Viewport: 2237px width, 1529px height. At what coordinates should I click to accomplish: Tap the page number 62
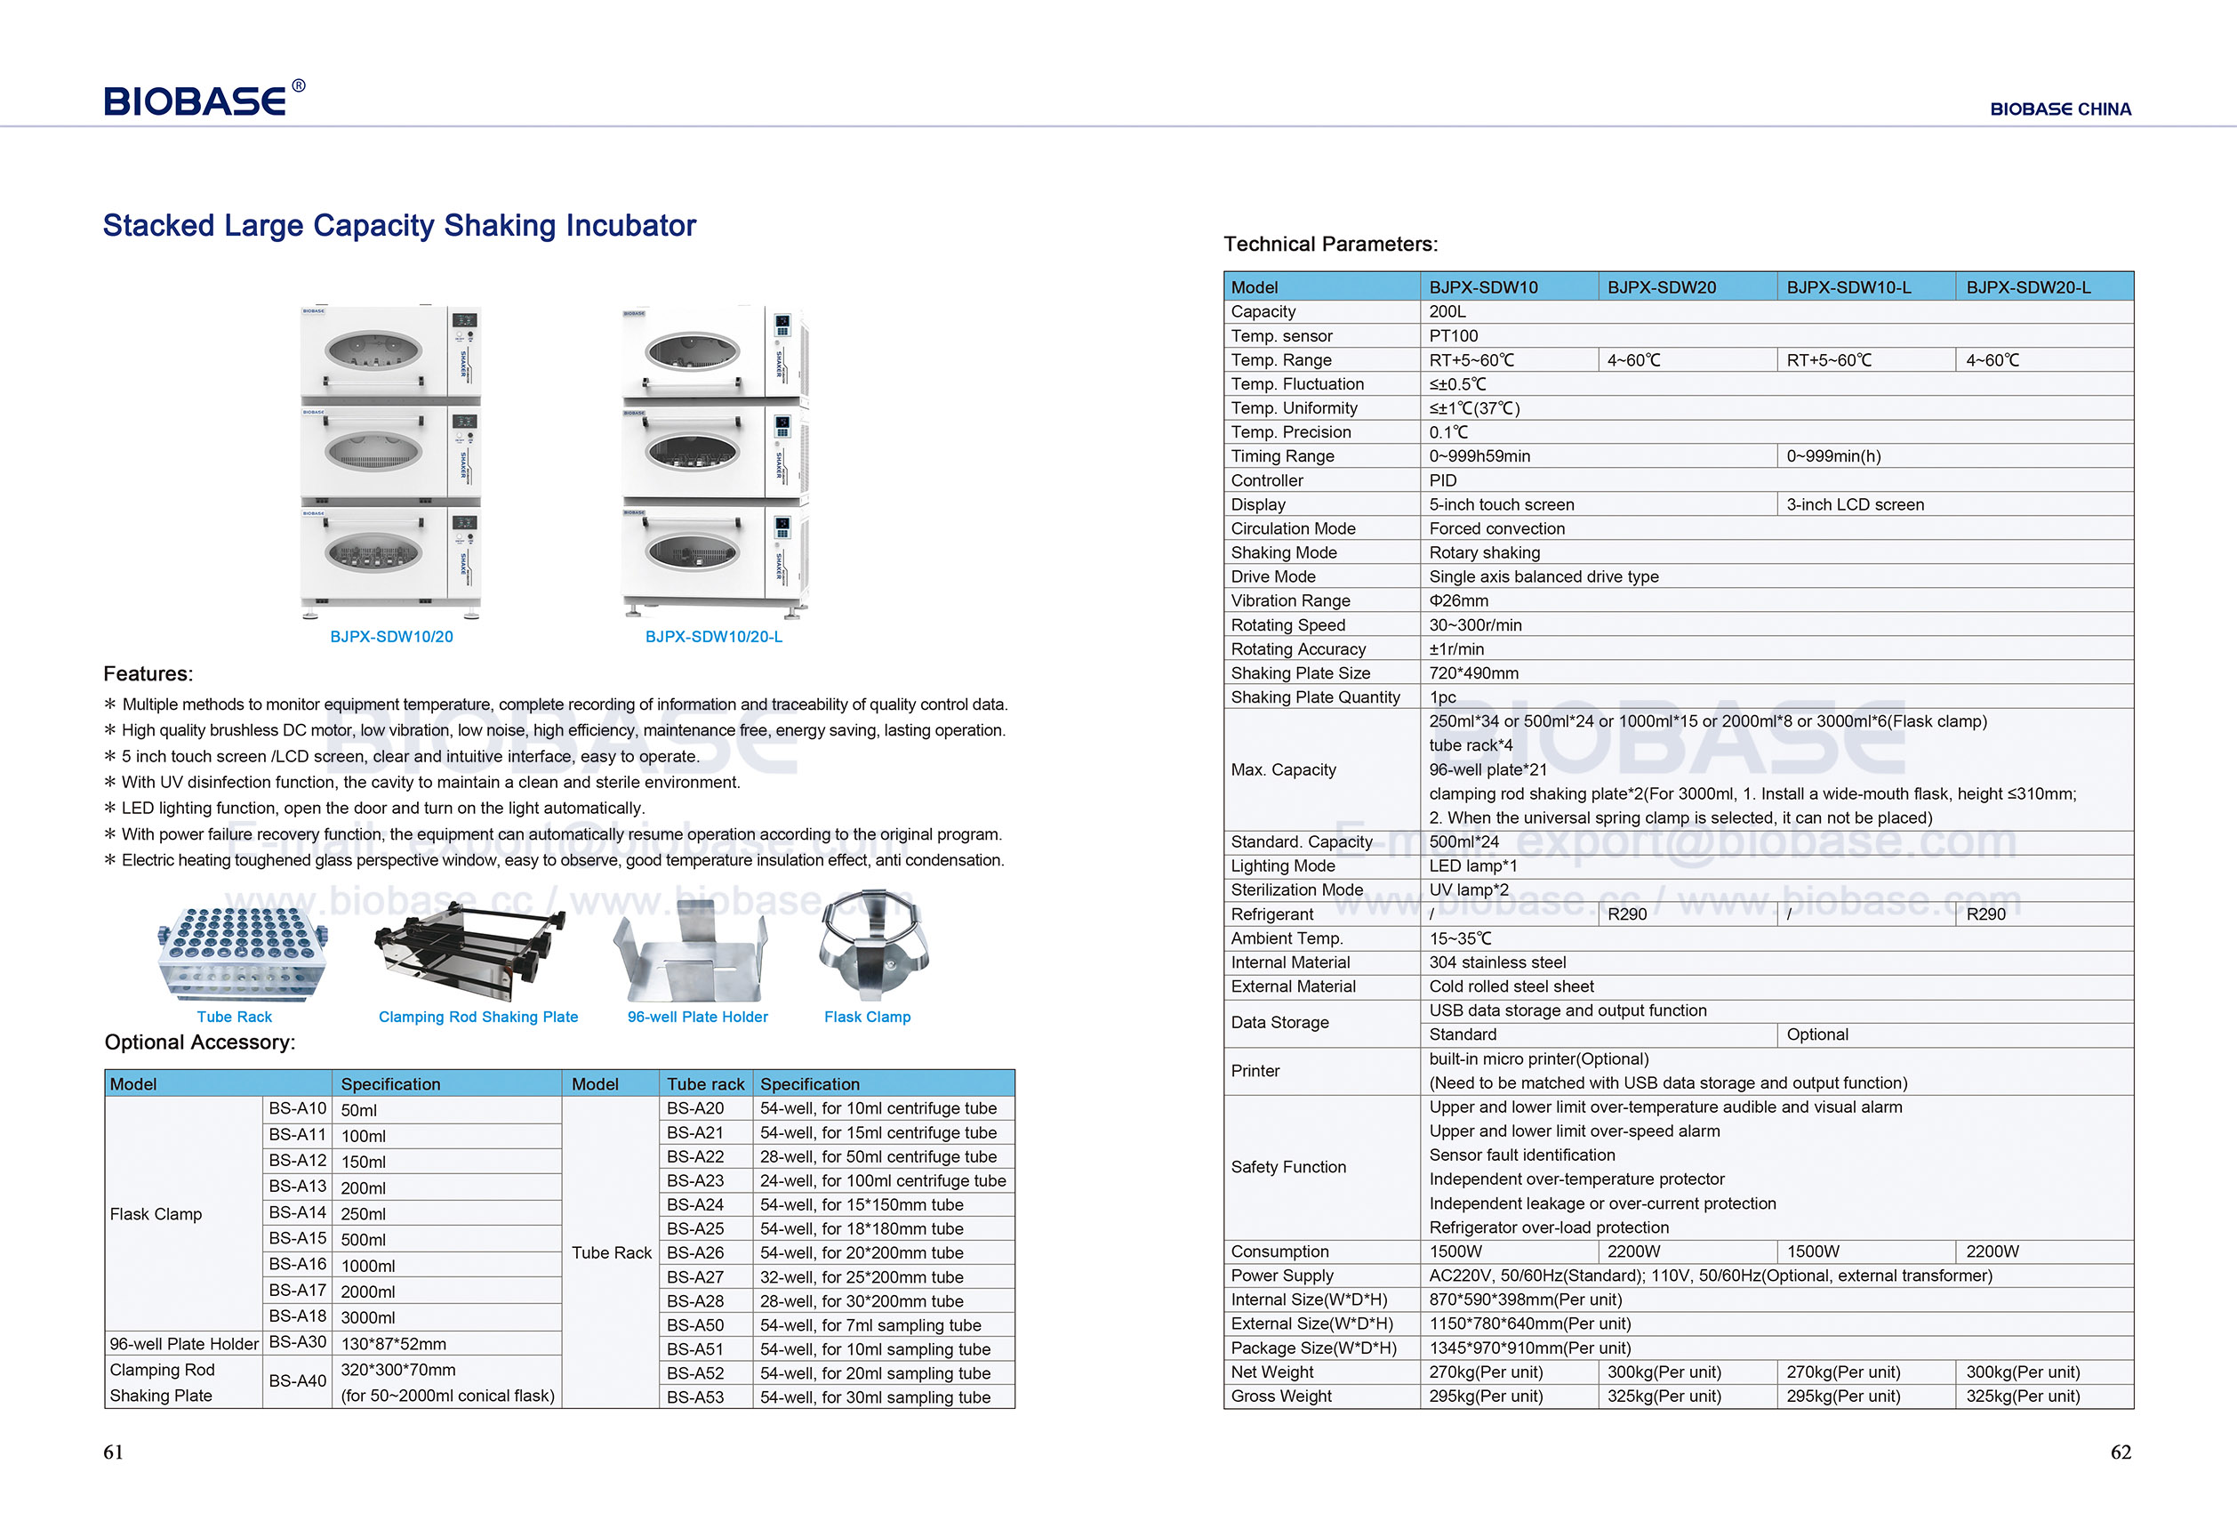(2121, 1452)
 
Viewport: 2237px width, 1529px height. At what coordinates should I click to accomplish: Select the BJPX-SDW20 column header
(1662, 287)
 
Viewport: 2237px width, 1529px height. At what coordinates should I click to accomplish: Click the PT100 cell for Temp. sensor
(1453, 336)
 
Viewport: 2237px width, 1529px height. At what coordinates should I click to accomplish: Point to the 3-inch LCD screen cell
(1855, 504)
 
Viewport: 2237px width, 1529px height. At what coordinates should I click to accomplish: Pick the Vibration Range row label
(1290, 600)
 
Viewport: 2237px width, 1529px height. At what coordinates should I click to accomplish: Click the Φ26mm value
(1458, 600)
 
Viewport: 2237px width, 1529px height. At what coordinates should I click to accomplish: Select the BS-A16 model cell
(298, 1264)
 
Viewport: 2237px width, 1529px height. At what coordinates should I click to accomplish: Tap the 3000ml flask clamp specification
(368, 1317)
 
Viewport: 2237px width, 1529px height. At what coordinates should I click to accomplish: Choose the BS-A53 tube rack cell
(695, 1397)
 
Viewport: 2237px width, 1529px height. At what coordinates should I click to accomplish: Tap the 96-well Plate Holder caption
(697, 1017)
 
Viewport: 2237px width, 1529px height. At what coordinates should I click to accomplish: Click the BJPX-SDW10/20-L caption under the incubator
(713, 637)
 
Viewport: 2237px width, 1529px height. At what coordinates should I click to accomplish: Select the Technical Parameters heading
(1330, 245)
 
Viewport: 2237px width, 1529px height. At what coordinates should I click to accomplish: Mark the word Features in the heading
(148, 674)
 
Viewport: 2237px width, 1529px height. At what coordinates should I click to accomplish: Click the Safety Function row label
(1288, 1167)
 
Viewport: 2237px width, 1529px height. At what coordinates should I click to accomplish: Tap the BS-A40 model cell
(298, 1380)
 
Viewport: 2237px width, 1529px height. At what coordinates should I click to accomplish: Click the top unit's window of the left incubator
(373, 350)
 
